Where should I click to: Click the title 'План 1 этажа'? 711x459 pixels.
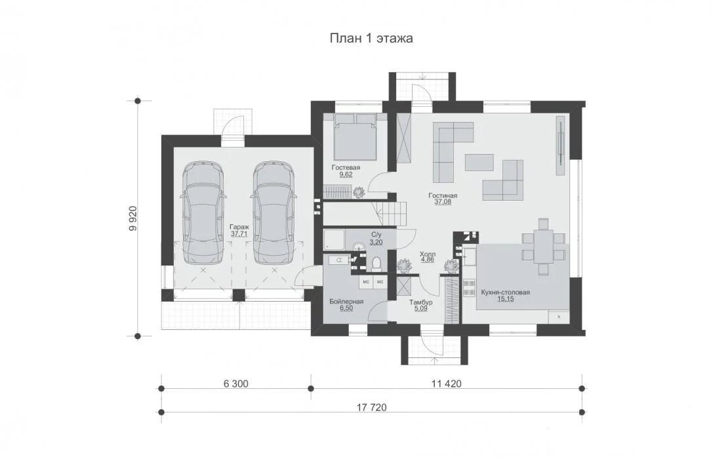click(371, 39)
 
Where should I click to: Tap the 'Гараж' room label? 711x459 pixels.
click(239, 227)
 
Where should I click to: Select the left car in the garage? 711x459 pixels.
click(203, 212)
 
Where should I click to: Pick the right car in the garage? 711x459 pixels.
click(275, 212)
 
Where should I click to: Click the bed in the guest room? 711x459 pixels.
click(356, 136)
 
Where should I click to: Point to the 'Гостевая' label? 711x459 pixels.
click(346, 168)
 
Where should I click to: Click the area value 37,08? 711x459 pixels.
click(443, 202)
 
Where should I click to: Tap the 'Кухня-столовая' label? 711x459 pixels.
click(505, 292)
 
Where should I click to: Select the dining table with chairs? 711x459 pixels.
click(543, 247)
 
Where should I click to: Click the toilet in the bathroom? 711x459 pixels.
click(376, 264)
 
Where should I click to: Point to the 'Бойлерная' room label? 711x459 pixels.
click(346, 302)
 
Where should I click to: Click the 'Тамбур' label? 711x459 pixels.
click(421, 302)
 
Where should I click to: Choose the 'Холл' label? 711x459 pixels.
click(428, 254)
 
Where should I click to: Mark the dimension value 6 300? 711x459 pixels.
click(235, 384)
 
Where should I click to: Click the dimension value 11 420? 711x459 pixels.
click(447, 384)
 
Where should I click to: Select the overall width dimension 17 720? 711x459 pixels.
click(372, 407)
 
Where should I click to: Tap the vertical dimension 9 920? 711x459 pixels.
click(132, 219)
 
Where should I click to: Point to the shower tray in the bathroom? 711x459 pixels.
click(335, 239)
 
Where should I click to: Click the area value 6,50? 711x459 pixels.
click(346, 308)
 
